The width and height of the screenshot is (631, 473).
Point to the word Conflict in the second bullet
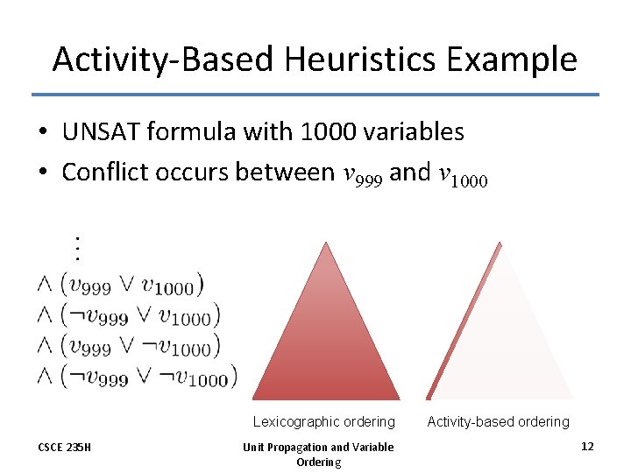point(110,173)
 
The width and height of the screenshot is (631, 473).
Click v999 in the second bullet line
point(362,175)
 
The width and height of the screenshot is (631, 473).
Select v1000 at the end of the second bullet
point(460,175)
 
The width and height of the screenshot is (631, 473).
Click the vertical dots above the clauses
point(77,248)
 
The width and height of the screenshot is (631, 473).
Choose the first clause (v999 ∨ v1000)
point(131,284)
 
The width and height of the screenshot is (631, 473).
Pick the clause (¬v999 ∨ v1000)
point(140,314)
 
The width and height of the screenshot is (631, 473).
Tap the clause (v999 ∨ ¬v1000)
point(140,346)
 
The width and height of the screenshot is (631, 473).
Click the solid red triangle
point(325,342)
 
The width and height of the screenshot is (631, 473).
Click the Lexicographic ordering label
point(323,421)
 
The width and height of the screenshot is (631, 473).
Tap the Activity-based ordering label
point(498,421)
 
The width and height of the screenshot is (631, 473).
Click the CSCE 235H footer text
point(64,447)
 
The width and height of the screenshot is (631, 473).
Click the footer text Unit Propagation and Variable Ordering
point(318,454)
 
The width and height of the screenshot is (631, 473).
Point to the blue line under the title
point(315,95)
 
